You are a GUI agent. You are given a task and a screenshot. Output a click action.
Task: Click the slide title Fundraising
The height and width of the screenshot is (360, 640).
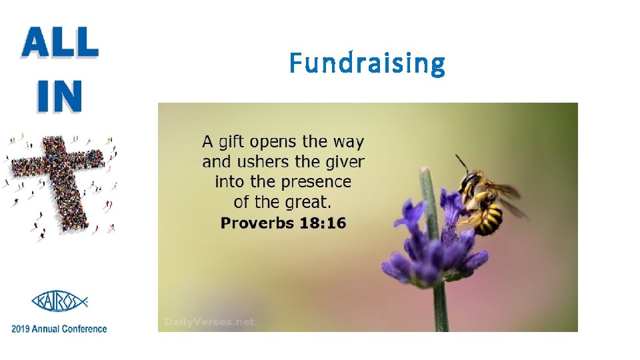tap(367, 64)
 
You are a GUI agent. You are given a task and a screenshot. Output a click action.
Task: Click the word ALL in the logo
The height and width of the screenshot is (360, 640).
tap(60, 44)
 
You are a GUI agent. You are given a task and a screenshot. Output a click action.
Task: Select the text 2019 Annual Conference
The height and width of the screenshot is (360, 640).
tap(59, 328)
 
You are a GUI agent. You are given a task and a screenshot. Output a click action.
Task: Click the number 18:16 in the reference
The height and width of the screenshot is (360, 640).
tap(323, 223)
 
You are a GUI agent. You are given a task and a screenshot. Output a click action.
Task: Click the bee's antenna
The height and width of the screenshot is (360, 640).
tap(461, 162)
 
